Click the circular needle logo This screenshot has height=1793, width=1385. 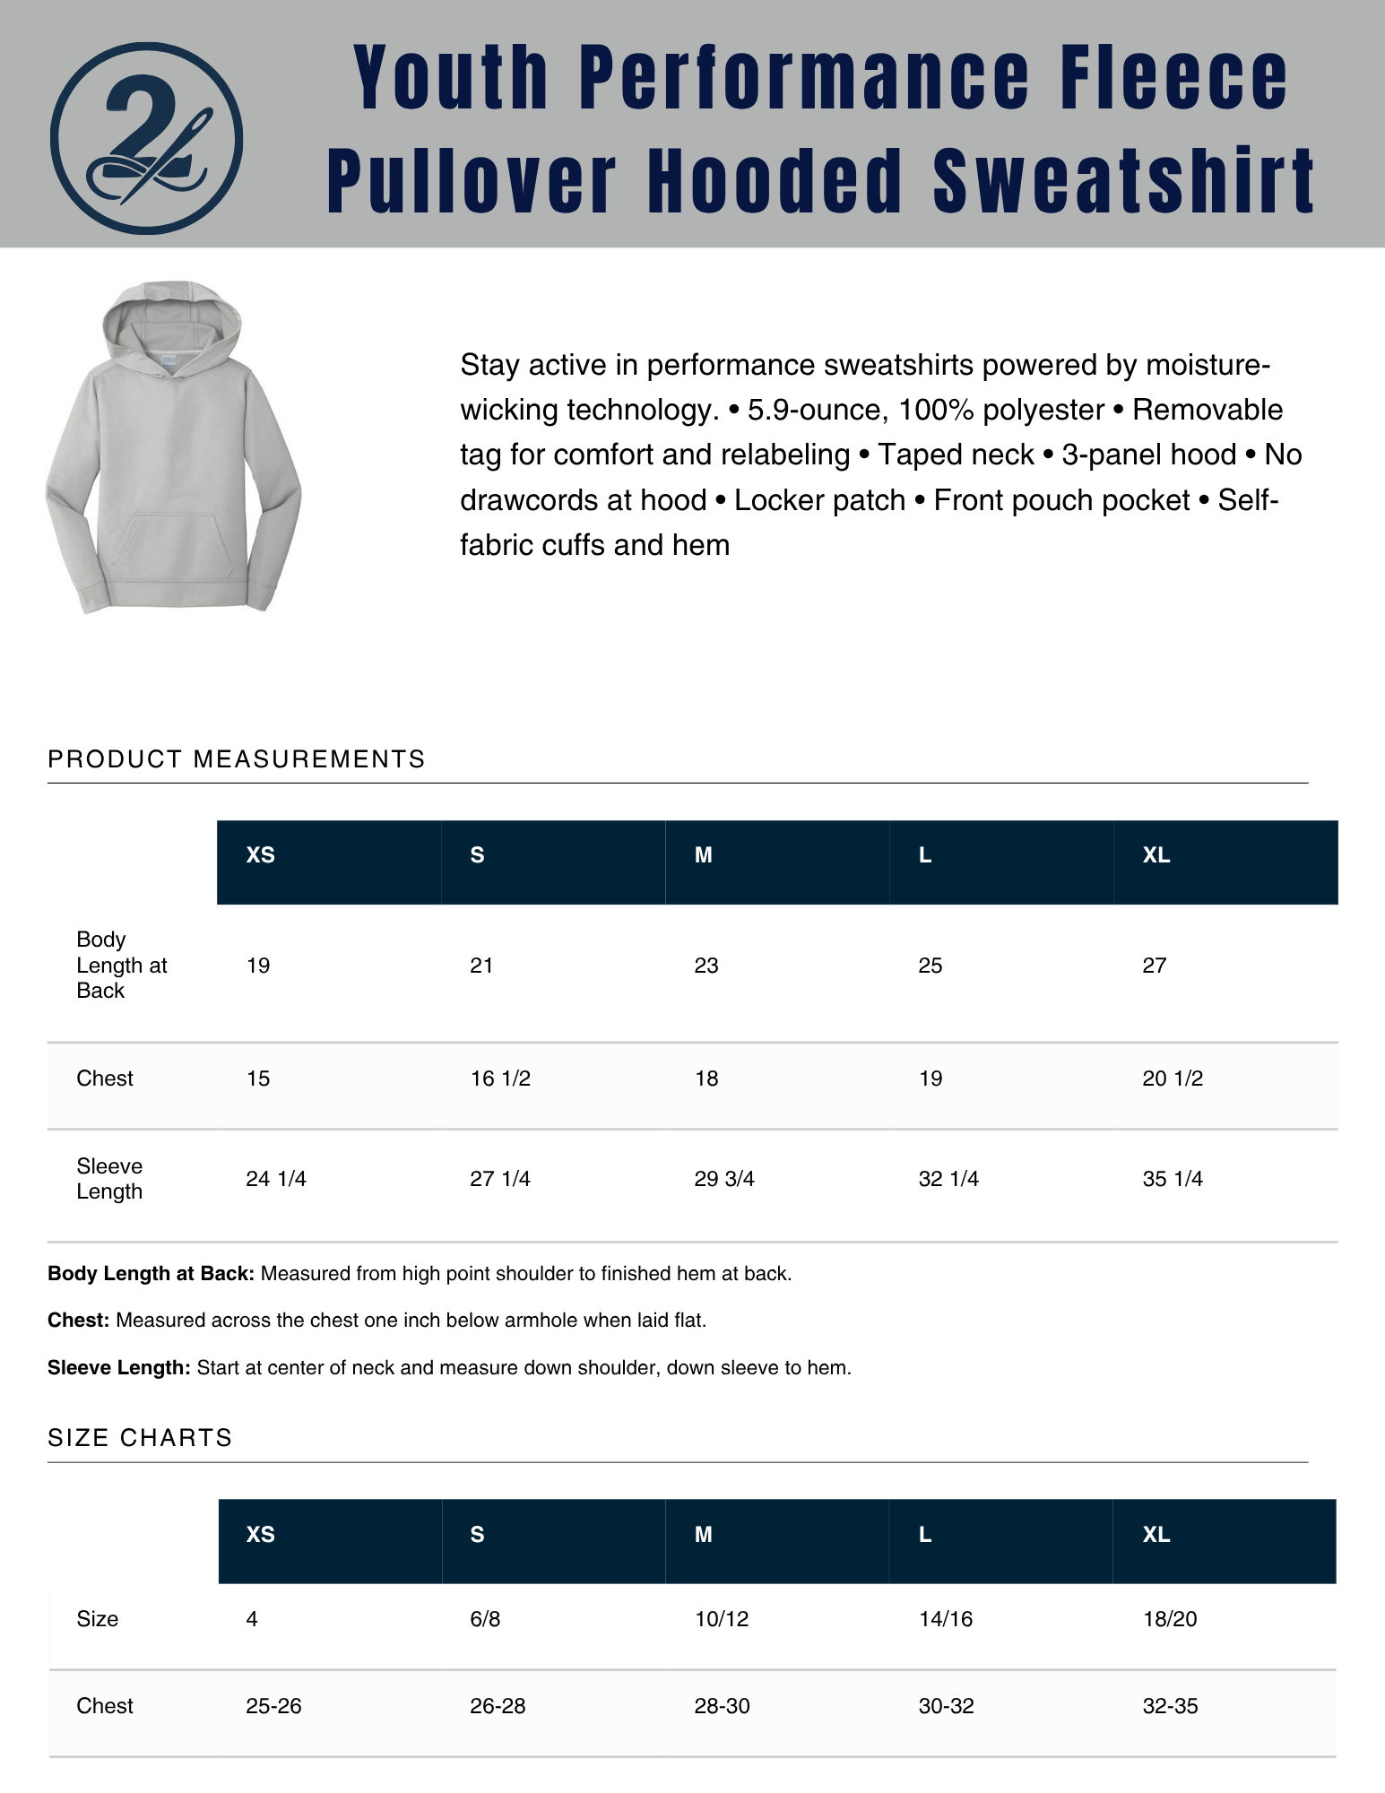click(146, 138)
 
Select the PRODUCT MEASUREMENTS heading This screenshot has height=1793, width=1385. click(236, 759)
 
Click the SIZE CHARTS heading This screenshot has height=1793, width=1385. click(140, 1438)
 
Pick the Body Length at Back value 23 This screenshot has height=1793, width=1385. click(706, 966)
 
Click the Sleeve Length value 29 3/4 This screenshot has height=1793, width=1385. click(724, 1179)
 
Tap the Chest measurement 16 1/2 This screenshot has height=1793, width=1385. click(500, 1078)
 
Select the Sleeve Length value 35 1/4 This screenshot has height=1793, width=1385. click(1173, 1179)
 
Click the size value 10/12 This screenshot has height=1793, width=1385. click(722, 1619)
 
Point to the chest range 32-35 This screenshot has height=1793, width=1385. click(1170, 1706)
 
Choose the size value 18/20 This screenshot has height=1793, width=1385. click(1170, 1619)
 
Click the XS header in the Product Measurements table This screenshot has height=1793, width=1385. click(260, 855)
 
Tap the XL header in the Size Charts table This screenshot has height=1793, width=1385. click(1156, 1535)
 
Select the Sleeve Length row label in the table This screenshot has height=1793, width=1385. click(109, 1179)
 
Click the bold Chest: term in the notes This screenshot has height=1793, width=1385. click(78, 1321)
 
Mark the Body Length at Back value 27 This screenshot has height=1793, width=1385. click(1155, 966)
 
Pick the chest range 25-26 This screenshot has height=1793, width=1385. click(273, 1706)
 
